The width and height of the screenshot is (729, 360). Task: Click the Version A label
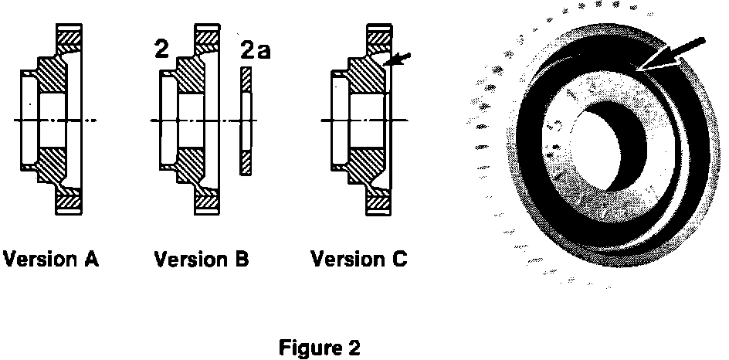[51, 259]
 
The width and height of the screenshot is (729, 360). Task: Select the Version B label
[202, 259]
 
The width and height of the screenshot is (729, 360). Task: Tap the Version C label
[358, 259]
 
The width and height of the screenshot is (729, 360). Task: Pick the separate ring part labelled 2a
[246, 121]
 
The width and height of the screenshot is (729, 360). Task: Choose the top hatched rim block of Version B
[206, 36]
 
